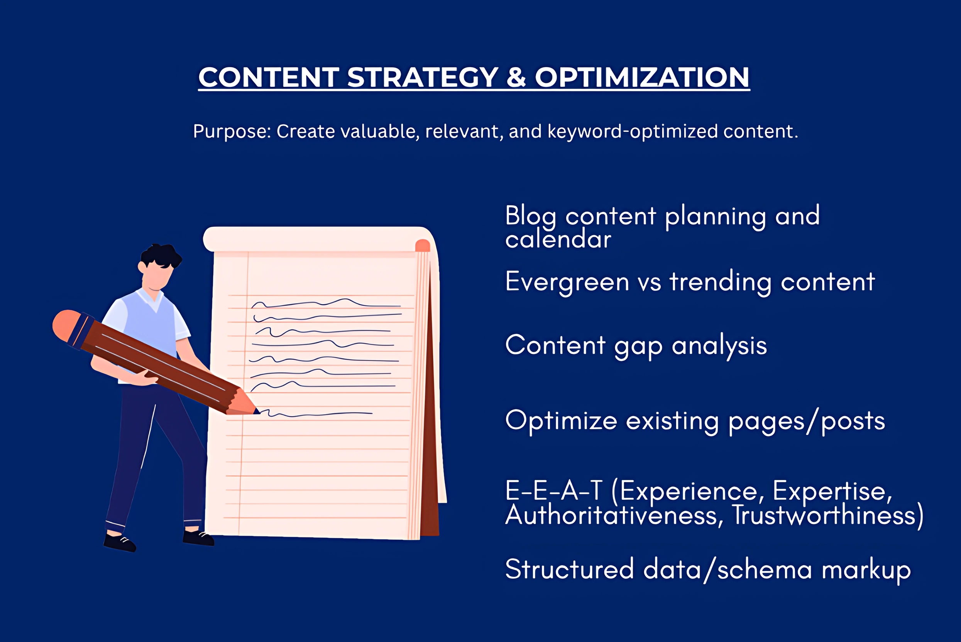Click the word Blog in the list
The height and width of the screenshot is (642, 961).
click(531, 216)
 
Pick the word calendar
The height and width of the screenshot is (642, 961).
click(558, 239)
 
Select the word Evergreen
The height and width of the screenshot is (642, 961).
click(567, 283)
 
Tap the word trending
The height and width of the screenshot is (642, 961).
click(721, 283)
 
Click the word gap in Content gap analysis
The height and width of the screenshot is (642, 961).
click(638, 347)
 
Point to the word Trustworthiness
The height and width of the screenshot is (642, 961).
click(824, 515)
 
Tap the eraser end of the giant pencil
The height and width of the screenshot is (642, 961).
click(67, 326)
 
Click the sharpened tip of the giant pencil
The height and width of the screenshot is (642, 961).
click(257, 411)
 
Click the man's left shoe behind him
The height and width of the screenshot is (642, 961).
click(119, 542)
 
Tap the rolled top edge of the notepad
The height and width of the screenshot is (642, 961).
click(316, 239)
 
